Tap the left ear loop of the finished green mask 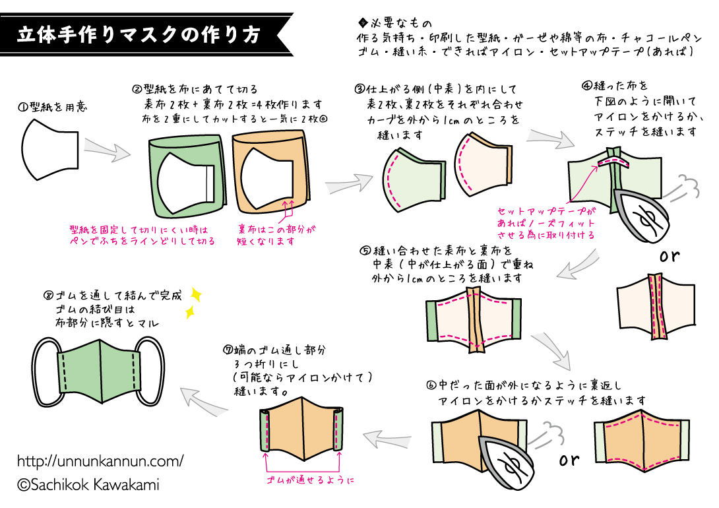pos(46,372)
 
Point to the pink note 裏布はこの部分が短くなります pos(276,236)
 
